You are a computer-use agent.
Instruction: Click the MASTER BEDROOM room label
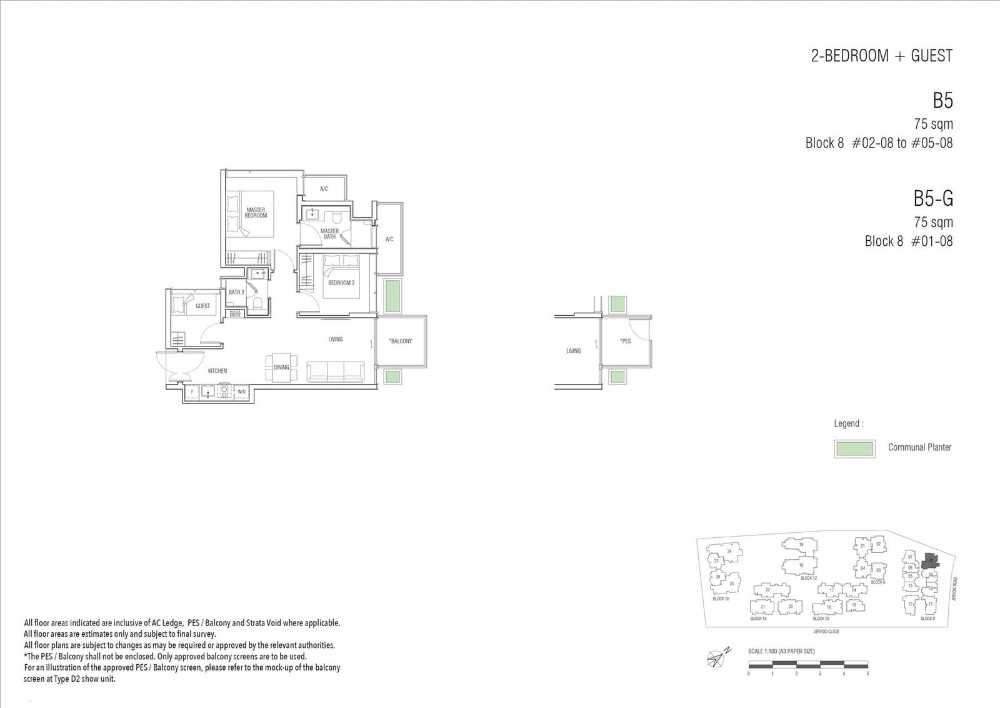click(x=255, y=213)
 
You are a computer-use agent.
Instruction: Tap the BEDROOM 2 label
click(x=341, y=283)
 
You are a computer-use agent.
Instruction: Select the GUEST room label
click(x=202, y=306)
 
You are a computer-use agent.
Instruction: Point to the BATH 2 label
click(x=236, y=292)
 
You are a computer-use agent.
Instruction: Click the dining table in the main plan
click(x=281, y=367)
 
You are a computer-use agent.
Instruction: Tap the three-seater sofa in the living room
click(x=336, y=370)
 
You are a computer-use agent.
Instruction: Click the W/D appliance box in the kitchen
click(x=241, y=392)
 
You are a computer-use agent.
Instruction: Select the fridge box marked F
click(x=192, y=392)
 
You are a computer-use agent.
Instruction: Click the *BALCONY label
click(x=400, y=341)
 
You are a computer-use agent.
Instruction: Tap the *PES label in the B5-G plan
click(x=625, y=341)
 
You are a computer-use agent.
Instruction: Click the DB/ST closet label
click(x=235, y=315)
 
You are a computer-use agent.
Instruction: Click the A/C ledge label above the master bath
click(x=324, y=188)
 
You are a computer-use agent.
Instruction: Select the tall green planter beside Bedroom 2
click(x=392, y=296)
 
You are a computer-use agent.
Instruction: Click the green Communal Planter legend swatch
click(x=854, y=448)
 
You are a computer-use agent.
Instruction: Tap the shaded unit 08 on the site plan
click(x=930, y=560)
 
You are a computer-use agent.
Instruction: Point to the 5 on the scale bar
click(x=867, y=674)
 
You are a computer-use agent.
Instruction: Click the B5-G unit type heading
click(x=932, y=199)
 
